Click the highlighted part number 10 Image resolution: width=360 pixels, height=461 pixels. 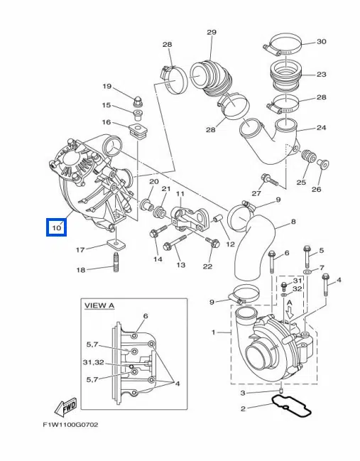pyautogui.click(x=57, y=227)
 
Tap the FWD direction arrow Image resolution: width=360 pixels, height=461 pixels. pyautogui.click(x=66, y=407)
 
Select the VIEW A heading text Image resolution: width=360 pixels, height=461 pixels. pyautogui.click(x=99, y=305)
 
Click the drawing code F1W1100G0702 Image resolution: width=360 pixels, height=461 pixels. pyautogui.click(x=70, y=425)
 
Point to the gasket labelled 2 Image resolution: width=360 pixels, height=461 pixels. pyautogui.click(x=291, y=406)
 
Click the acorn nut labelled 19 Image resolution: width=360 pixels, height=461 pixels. pyautogui.click(x=136, y=102)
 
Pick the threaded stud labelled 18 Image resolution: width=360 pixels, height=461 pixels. pyautogui.click(x=116, y=262)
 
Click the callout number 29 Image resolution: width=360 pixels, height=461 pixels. pyautogui.click(x=212, y=32)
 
